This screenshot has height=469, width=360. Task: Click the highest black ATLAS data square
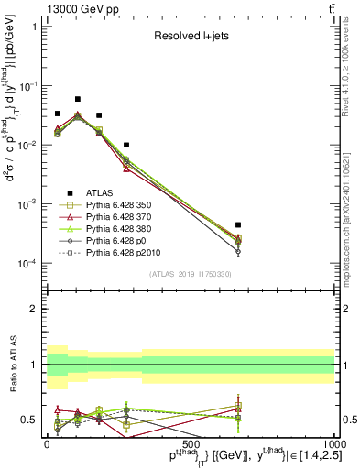click(78, 99)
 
